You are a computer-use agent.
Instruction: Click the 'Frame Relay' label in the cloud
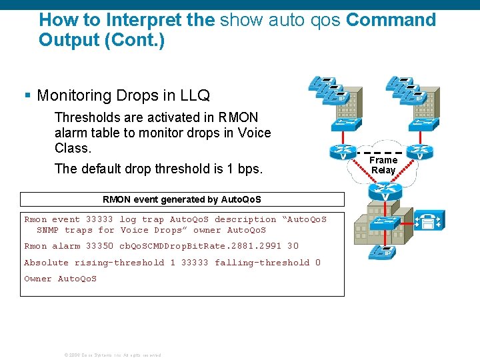pos(383,165)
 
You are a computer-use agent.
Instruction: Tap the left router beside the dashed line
pos(343,153)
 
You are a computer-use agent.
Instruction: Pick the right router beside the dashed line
pos(419,153)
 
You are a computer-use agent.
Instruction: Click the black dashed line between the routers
pos(381,153)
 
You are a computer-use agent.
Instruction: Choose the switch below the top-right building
pos(419,124)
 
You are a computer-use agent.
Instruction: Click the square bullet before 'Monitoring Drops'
pos(28,96)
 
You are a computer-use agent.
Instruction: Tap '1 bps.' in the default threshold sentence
pos(245,169)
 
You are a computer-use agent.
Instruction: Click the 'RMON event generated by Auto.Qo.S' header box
pos(182,199)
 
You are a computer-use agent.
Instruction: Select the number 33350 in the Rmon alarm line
pos(99,246)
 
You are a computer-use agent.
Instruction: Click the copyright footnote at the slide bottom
pos(112,355)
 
